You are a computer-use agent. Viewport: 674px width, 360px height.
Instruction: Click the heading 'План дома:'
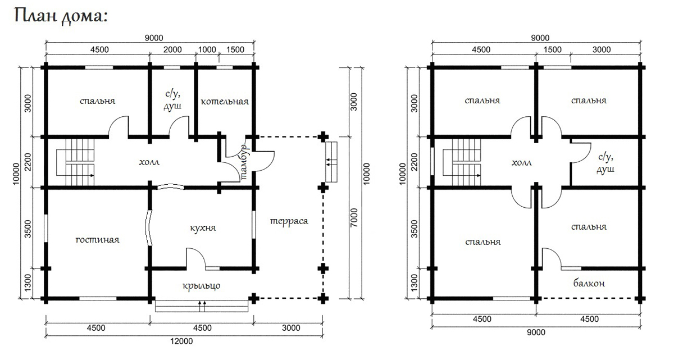[x=61, y=16]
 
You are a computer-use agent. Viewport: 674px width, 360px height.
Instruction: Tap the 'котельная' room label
[x=225, y=102]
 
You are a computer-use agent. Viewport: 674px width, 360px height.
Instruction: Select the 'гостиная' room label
[x=97, y=240]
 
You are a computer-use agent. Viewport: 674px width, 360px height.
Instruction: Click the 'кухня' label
[x=203, y=228]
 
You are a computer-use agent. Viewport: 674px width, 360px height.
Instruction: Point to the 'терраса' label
[x=289, y=221]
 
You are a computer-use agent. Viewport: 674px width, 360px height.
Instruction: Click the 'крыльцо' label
[x=201, y=285]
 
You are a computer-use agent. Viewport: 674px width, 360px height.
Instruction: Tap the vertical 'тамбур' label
[x=244, y=162]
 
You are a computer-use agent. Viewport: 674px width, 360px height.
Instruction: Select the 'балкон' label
[x=589, y=283]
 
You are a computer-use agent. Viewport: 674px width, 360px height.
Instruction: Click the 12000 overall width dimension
[x=181, y=341]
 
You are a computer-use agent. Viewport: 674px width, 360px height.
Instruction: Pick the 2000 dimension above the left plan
[x=172, y=49]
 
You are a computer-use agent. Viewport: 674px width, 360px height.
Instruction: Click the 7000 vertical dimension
[x=354, y=217]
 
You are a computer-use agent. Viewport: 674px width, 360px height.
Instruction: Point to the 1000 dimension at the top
[x=207, y=49]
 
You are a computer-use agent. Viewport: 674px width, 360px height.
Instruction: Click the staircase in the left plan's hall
[x=75, y=162]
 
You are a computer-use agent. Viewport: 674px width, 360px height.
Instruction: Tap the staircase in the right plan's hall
[x=462, y=162]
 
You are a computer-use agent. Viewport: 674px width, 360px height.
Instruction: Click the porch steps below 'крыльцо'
[x=202, y=306]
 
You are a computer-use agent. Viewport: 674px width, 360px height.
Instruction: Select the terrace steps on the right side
[x=331, y=162]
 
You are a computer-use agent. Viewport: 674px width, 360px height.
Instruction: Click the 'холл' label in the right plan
[x=521, y=163]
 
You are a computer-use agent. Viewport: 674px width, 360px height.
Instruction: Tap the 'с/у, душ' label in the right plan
[x=605, y=163]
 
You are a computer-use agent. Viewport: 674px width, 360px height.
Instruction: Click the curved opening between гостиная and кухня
[x=148, y=227]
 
